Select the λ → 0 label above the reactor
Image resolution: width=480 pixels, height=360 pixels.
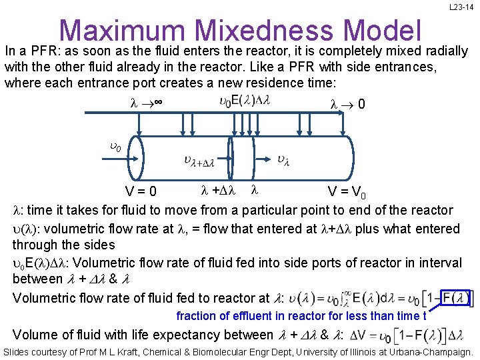pyautogui.click(x=347, y=104)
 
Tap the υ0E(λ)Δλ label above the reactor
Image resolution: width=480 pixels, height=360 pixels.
pyautogui.click(x=244, y=101)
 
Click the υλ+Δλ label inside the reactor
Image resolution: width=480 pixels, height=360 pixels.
pyautogui.click(x=199, y=160)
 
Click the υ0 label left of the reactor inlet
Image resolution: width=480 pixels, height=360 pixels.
pyautogui.click(x=115, y=147)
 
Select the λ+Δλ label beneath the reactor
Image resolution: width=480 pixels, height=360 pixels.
pyautogui.click(x=219, y=191)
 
